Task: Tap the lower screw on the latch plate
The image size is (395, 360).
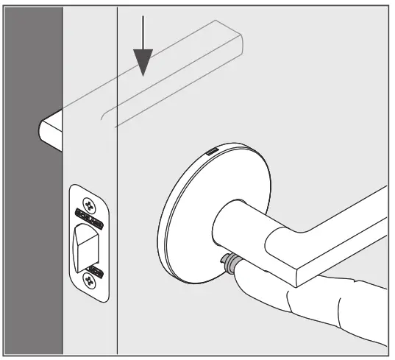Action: (90, 280)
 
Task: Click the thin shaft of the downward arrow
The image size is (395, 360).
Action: (143, 29)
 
